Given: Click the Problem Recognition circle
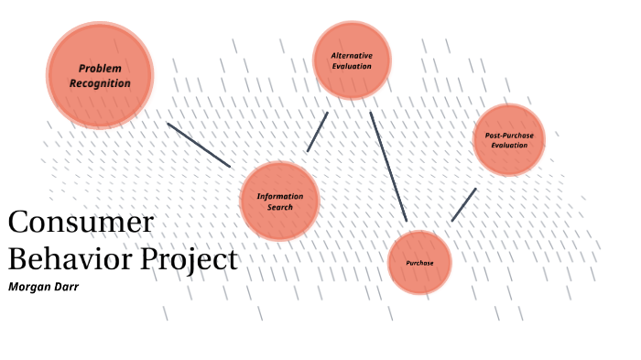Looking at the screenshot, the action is pos(99,73).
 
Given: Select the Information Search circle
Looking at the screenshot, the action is pos(279,202).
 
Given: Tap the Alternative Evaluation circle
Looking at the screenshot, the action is pos(352,60).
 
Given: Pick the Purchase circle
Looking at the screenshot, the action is pos(418,262).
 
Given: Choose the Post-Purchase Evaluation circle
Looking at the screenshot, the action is pos(509,139).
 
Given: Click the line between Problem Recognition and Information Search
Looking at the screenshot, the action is pos(199,145).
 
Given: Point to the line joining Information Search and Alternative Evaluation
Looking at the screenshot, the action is pos(318,131).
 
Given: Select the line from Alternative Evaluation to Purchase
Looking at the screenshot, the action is pos(388,166).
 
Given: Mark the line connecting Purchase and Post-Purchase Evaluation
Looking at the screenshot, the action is pos(463,204).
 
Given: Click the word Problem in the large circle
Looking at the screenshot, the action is pos(100,68).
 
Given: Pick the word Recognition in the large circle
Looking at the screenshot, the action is pos(100,83).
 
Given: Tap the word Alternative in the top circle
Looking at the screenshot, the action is pos(352,55).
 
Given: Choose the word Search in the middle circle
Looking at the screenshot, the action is pos(279,208).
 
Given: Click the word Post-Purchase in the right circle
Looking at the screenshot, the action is pos(509,136).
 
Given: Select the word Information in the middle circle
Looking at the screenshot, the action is pos(279,197).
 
